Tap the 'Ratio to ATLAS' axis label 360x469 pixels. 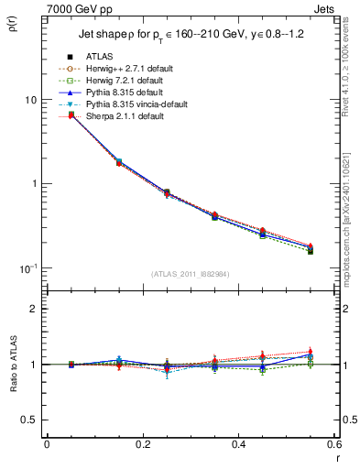14,375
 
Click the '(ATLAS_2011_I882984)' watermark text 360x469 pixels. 191,274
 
